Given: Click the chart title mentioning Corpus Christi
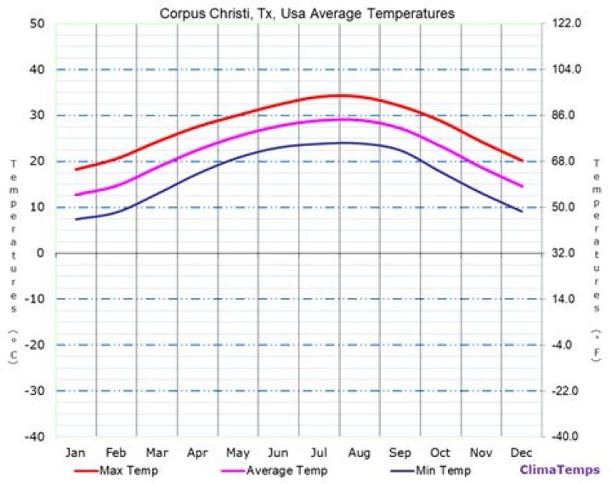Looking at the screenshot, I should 307,14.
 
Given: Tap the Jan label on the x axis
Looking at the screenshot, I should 76,452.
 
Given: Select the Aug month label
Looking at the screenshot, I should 359,452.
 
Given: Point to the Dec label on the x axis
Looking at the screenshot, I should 521,452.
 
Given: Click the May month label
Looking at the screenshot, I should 237,452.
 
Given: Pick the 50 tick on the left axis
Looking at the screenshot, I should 37,24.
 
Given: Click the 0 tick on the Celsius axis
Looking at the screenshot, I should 40,253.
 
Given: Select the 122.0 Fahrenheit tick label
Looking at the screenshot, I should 566,24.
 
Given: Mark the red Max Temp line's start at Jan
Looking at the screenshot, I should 76,170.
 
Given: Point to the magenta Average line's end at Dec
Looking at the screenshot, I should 522,186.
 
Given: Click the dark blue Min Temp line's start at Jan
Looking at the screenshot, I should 76,220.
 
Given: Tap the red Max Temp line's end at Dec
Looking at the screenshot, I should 522,160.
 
